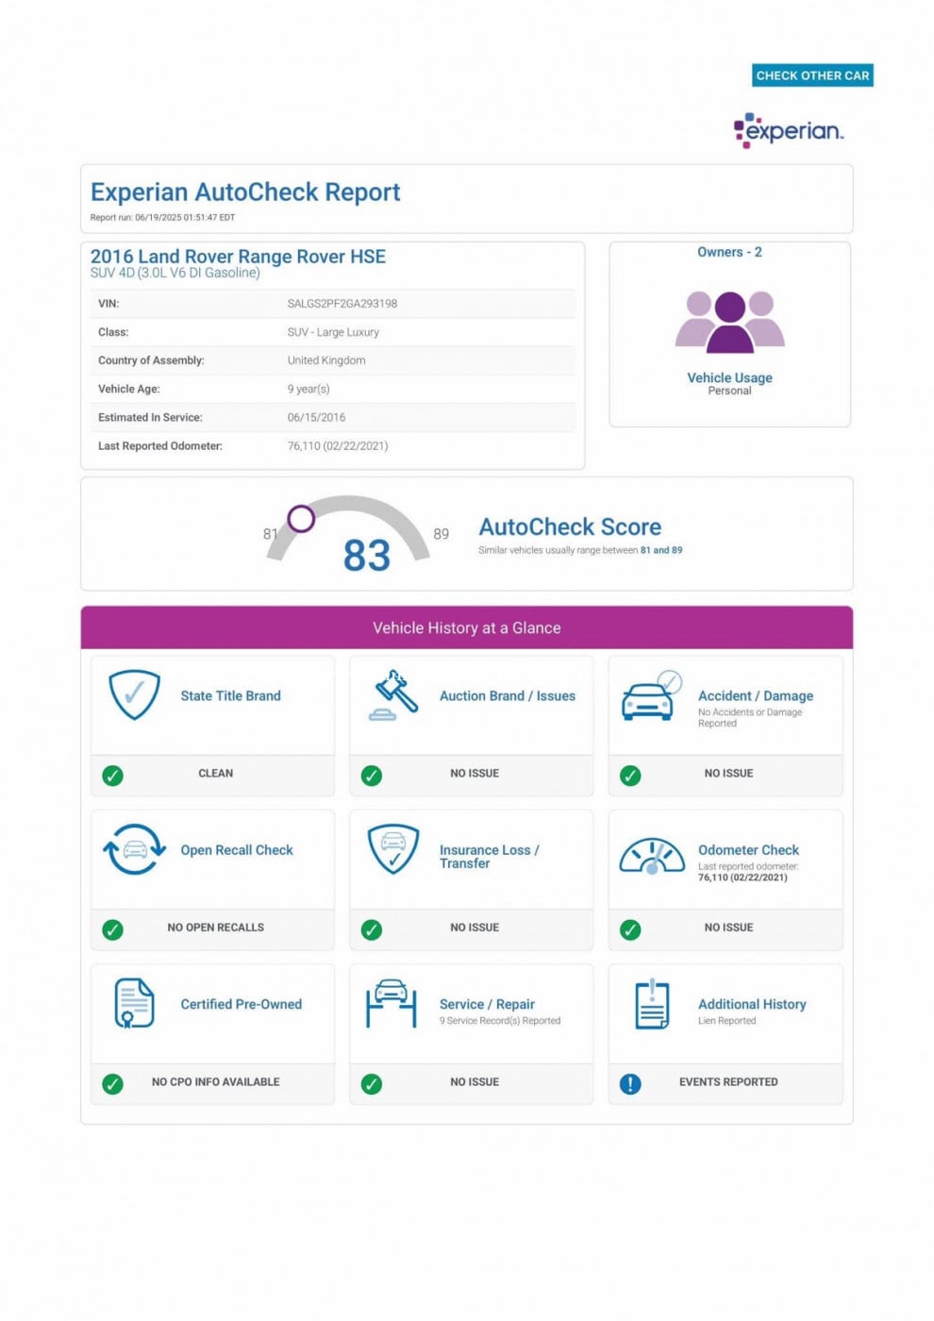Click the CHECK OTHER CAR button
(x=812, y=75)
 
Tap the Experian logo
(x=789, y=130)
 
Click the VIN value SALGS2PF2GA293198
(x=342, y=304)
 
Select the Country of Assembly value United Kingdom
(x=325, y=360)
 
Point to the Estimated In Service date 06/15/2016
(x=316, y=417)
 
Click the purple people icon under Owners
(x=729, y=322)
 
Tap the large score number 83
(x=366, y=556)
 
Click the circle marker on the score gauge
(x=301, y=518)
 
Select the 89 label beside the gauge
(x=441, y=534)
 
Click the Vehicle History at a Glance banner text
(x=466, y=628)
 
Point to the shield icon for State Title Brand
(x=134, y=694)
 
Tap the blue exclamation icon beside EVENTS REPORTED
(x=630, y=1084)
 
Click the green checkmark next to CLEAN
(x=112, y=776)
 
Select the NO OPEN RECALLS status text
(x=215, y=928)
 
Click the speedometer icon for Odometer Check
(x=651, y=856)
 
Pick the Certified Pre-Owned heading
(x=241, y=1004)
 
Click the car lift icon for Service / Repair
(x=391, y=1003)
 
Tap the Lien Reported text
(x=726, y=1021)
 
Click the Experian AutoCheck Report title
(x=245, y=192)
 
